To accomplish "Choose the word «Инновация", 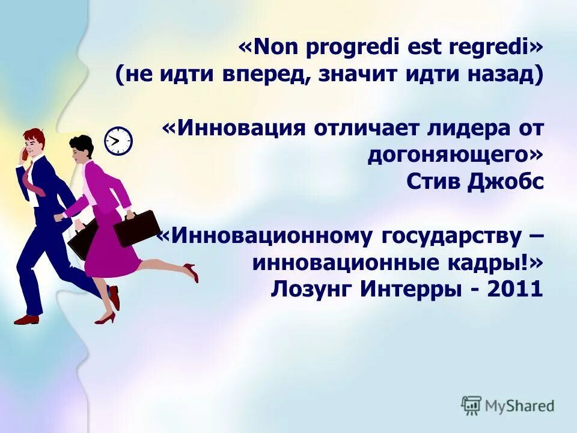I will [231, 128].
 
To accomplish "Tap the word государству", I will [451, 236].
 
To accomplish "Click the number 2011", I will [516, 289].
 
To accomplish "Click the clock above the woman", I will [118, 141].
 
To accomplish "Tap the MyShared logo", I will [508, 405].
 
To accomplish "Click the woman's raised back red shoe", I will [192, 272].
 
